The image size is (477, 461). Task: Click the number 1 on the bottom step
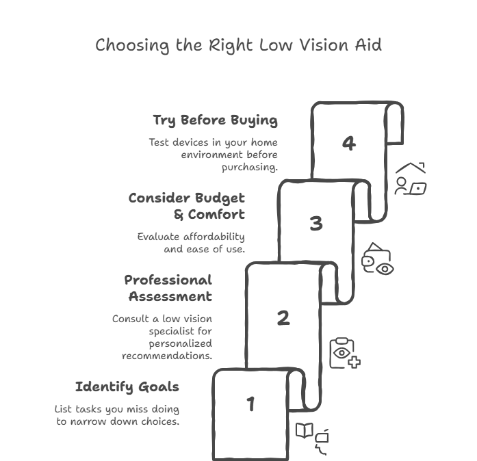tap(250, 404)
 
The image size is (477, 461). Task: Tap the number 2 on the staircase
tap(283, 318)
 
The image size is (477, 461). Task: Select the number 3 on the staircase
tap(315, 224)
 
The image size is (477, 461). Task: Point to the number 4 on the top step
tap(349, 143)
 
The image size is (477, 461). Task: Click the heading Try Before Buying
tap(215, 120)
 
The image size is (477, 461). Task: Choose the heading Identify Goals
tap(127, 387)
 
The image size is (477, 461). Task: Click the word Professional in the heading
tap(168, 280)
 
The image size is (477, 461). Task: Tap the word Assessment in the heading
tap(170, 297)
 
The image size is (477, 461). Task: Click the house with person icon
tap(410, 179)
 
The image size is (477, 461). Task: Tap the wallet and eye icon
tap(378, 260)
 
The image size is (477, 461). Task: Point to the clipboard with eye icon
tap(344, 354)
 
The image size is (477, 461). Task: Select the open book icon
tap(304, 430)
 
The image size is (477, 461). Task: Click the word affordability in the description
tap(211, 237)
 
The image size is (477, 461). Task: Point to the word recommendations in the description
tap(167, 356)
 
